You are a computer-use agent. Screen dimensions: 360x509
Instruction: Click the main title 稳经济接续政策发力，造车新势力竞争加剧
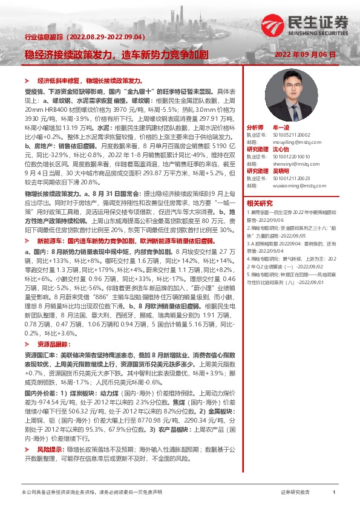coord(116,54)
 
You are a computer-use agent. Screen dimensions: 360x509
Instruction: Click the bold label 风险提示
coord(50,450)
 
